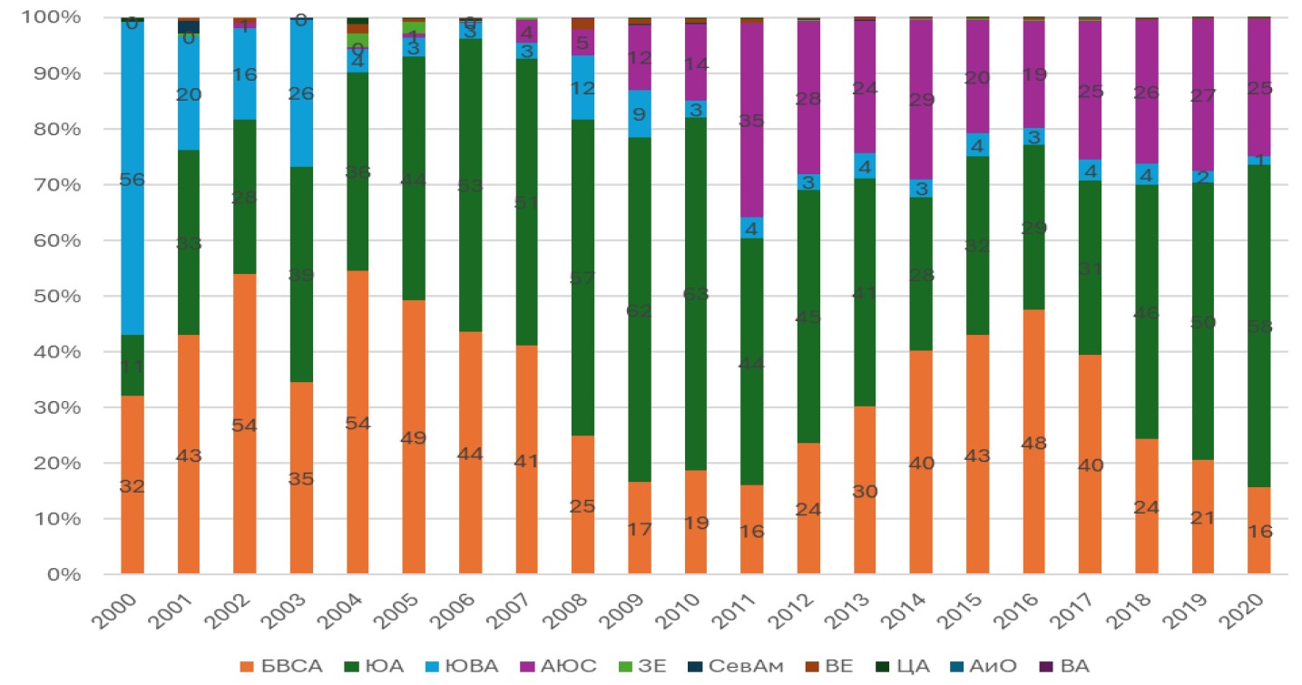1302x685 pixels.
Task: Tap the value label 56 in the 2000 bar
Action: pyautogui.click(x=132, y=181)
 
